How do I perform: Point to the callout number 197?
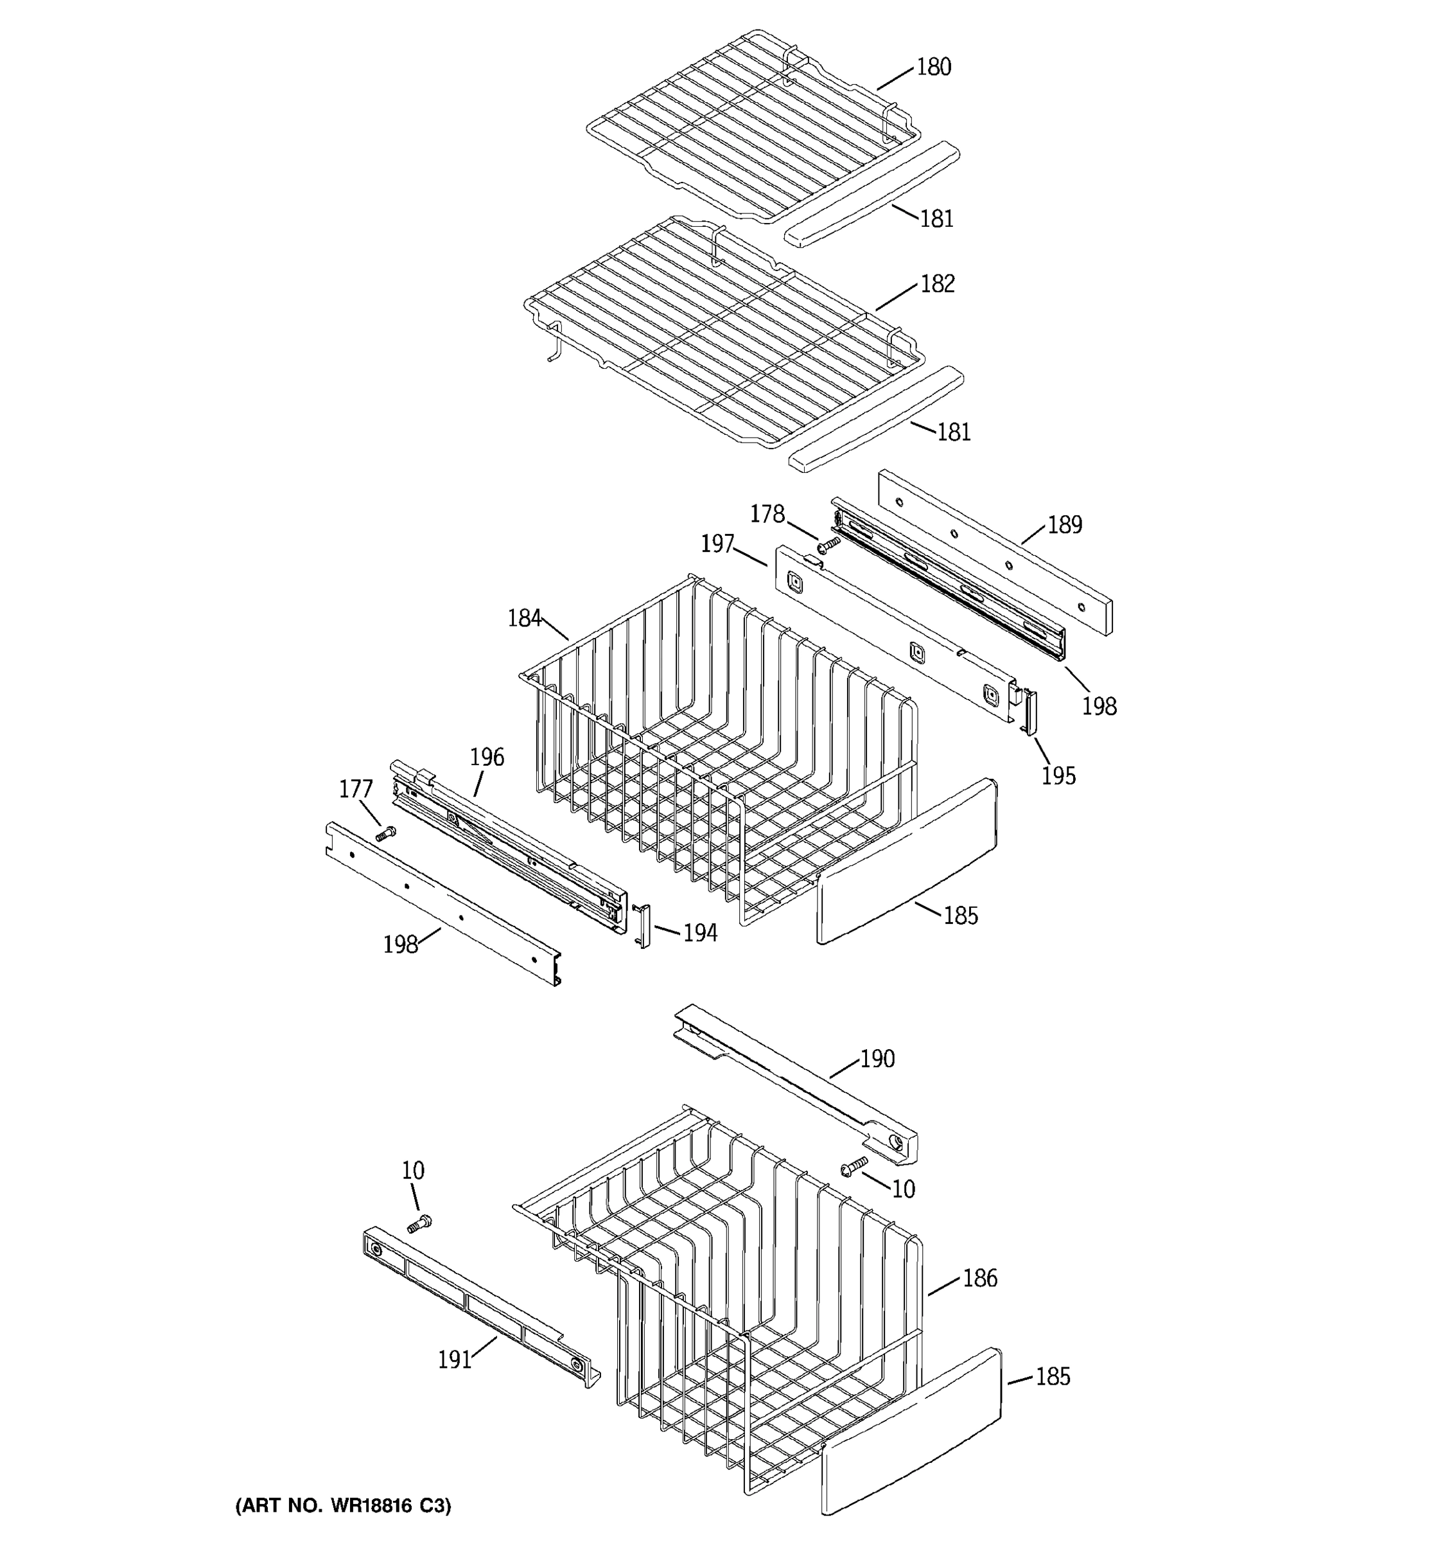(x=717, y=544)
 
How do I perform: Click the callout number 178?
(x=767, y=514)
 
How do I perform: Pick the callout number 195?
(x=1058, y=775)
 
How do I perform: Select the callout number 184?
(x=524, y=618)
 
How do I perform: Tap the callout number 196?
(x=487, y=757)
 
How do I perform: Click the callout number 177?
(x=356, y=790)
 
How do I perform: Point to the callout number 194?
(x=699, y=933)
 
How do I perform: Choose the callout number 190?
(x=877, y=1059)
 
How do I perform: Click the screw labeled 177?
(x=385, y=834)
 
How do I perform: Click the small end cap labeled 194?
(x=644, y=926)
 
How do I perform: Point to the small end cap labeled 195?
(x=1030, y=711)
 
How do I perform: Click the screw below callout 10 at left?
(x=419, y=1224)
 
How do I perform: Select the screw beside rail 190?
(x=854, y=1165)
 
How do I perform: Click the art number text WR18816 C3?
(x=343, y=1505)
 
